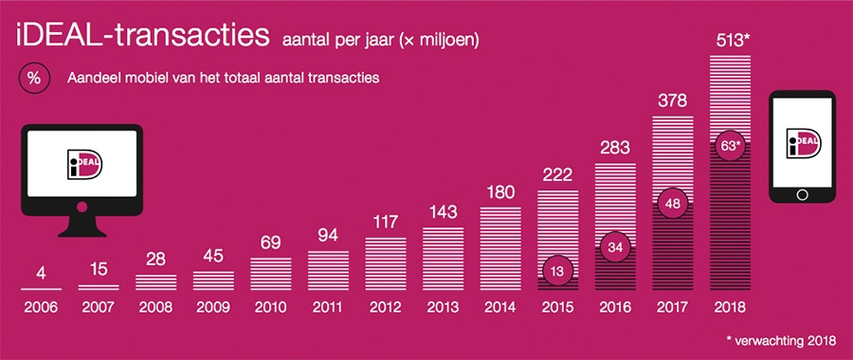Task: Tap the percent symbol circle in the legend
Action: point(33,80)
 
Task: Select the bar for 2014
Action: point(500,247)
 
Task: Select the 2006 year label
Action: point(40,308)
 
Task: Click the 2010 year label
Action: point(269,308)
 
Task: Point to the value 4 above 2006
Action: point(40,274)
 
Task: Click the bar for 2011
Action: point(327,269)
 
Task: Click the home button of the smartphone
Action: point(802,194)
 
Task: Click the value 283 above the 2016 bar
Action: point(615,150)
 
